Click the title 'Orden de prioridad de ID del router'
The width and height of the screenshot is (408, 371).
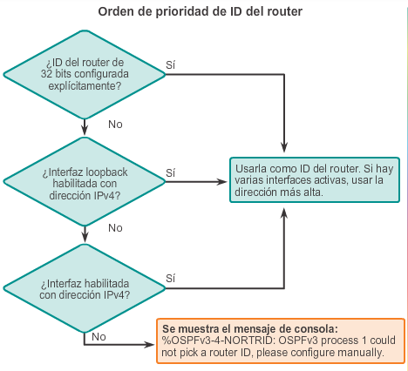click(x=200, y=12)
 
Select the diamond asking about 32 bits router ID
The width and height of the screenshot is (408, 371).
click(x=85, y=75)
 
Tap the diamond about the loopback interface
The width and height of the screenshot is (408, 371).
click(x=85, y=181)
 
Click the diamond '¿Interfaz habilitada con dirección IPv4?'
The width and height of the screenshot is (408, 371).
click(x=85, y=288)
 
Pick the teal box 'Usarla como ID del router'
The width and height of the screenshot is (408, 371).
click(x=315, y=180)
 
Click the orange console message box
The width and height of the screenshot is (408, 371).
click(x=281, y=341)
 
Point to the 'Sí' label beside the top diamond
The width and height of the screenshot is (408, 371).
click(x=171, y=64)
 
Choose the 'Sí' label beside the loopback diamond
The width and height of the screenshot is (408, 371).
click(x=171, y=173)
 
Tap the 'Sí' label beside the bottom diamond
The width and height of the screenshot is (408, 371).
click(x=171, y=278)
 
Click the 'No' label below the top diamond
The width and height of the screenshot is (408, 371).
click(x=115, y=125)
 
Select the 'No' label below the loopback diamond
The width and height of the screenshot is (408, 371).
click(x=115, y=228)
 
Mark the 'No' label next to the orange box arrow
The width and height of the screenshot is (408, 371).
click(x=99, y=337)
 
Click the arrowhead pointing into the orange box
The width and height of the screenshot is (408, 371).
click(x=150, y=345)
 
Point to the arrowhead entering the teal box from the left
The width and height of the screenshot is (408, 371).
click(x=221, y=182)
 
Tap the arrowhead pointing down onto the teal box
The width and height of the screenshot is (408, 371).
click(x=284, y=147)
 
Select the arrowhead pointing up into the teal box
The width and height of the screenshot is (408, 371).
click(x=284, y=213)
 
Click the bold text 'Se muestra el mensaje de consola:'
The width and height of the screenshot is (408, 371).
click(x=250, y=329)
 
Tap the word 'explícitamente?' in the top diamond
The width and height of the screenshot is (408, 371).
click(x=85, y=86)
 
